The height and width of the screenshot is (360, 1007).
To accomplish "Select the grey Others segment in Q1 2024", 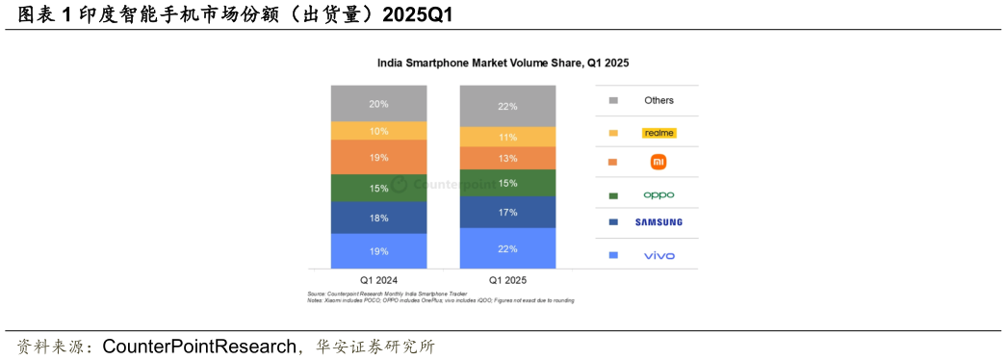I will coord(378,103).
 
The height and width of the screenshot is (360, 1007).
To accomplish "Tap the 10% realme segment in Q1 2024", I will coord(378,131).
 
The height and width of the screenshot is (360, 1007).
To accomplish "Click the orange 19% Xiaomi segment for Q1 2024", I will coord(378,157).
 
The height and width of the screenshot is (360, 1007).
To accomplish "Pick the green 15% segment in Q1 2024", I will coord(378,188).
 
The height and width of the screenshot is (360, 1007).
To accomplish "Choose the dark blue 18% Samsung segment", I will coord(378,218).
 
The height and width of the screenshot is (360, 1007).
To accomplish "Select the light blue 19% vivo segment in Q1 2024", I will coord(378,251).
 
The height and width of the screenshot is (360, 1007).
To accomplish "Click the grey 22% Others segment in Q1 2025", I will coord(507,106).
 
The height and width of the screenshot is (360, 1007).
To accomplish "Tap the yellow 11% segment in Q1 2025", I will coord(507,137).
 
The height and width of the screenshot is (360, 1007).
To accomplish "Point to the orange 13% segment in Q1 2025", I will coord(507,158).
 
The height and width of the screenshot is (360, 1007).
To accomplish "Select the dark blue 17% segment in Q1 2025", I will coord(507,212).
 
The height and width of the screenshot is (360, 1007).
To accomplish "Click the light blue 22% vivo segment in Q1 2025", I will coord(507,248).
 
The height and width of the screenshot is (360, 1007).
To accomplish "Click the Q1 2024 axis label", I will coord(378,280).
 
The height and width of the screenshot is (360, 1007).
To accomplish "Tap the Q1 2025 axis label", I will coord(507,280).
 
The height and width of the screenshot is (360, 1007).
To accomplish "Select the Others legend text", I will coord(658,100).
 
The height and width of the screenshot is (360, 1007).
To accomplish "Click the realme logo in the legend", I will coord(659,133).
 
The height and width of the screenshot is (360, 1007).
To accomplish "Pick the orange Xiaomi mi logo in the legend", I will coord(658,163).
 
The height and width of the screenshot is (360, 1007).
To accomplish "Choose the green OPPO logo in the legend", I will coord(658,194).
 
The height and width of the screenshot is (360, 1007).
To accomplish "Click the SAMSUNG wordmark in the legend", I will coord(658,222).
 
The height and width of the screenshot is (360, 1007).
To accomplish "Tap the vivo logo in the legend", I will coord(658,255).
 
